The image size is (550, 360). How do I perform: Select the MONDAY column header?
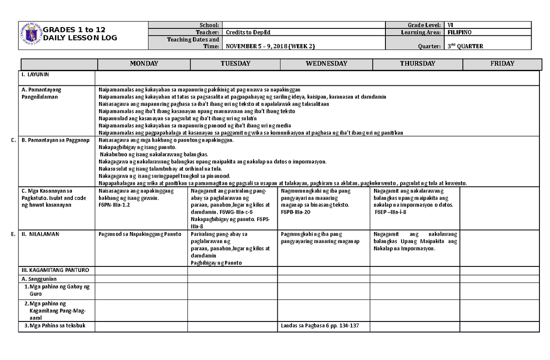pos(143,64)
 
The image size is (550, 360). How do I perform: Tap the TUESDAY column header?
pos(235,64)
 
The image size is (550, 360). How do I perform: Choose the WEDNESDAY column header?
pos(326,64)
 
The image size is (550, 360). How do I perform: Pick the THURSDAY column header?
pos(417,64)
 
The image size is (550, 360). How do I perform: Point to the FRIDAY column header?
pos(502,64)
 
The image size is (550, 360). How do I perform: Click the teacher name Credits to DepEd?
pos(245,33)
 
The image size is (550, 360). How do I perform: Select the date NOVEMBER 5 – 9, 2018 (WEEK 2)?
pos(269,46)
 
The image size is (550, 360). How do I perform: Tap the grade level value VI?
pos(450,25)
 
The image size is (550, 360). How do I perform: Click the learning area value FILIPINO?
pos(459,33)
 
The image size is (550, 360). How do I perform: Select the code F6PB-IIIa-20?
pos(296,212)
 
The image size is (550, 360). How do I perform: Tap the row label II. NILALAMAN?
pos(40,234)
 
